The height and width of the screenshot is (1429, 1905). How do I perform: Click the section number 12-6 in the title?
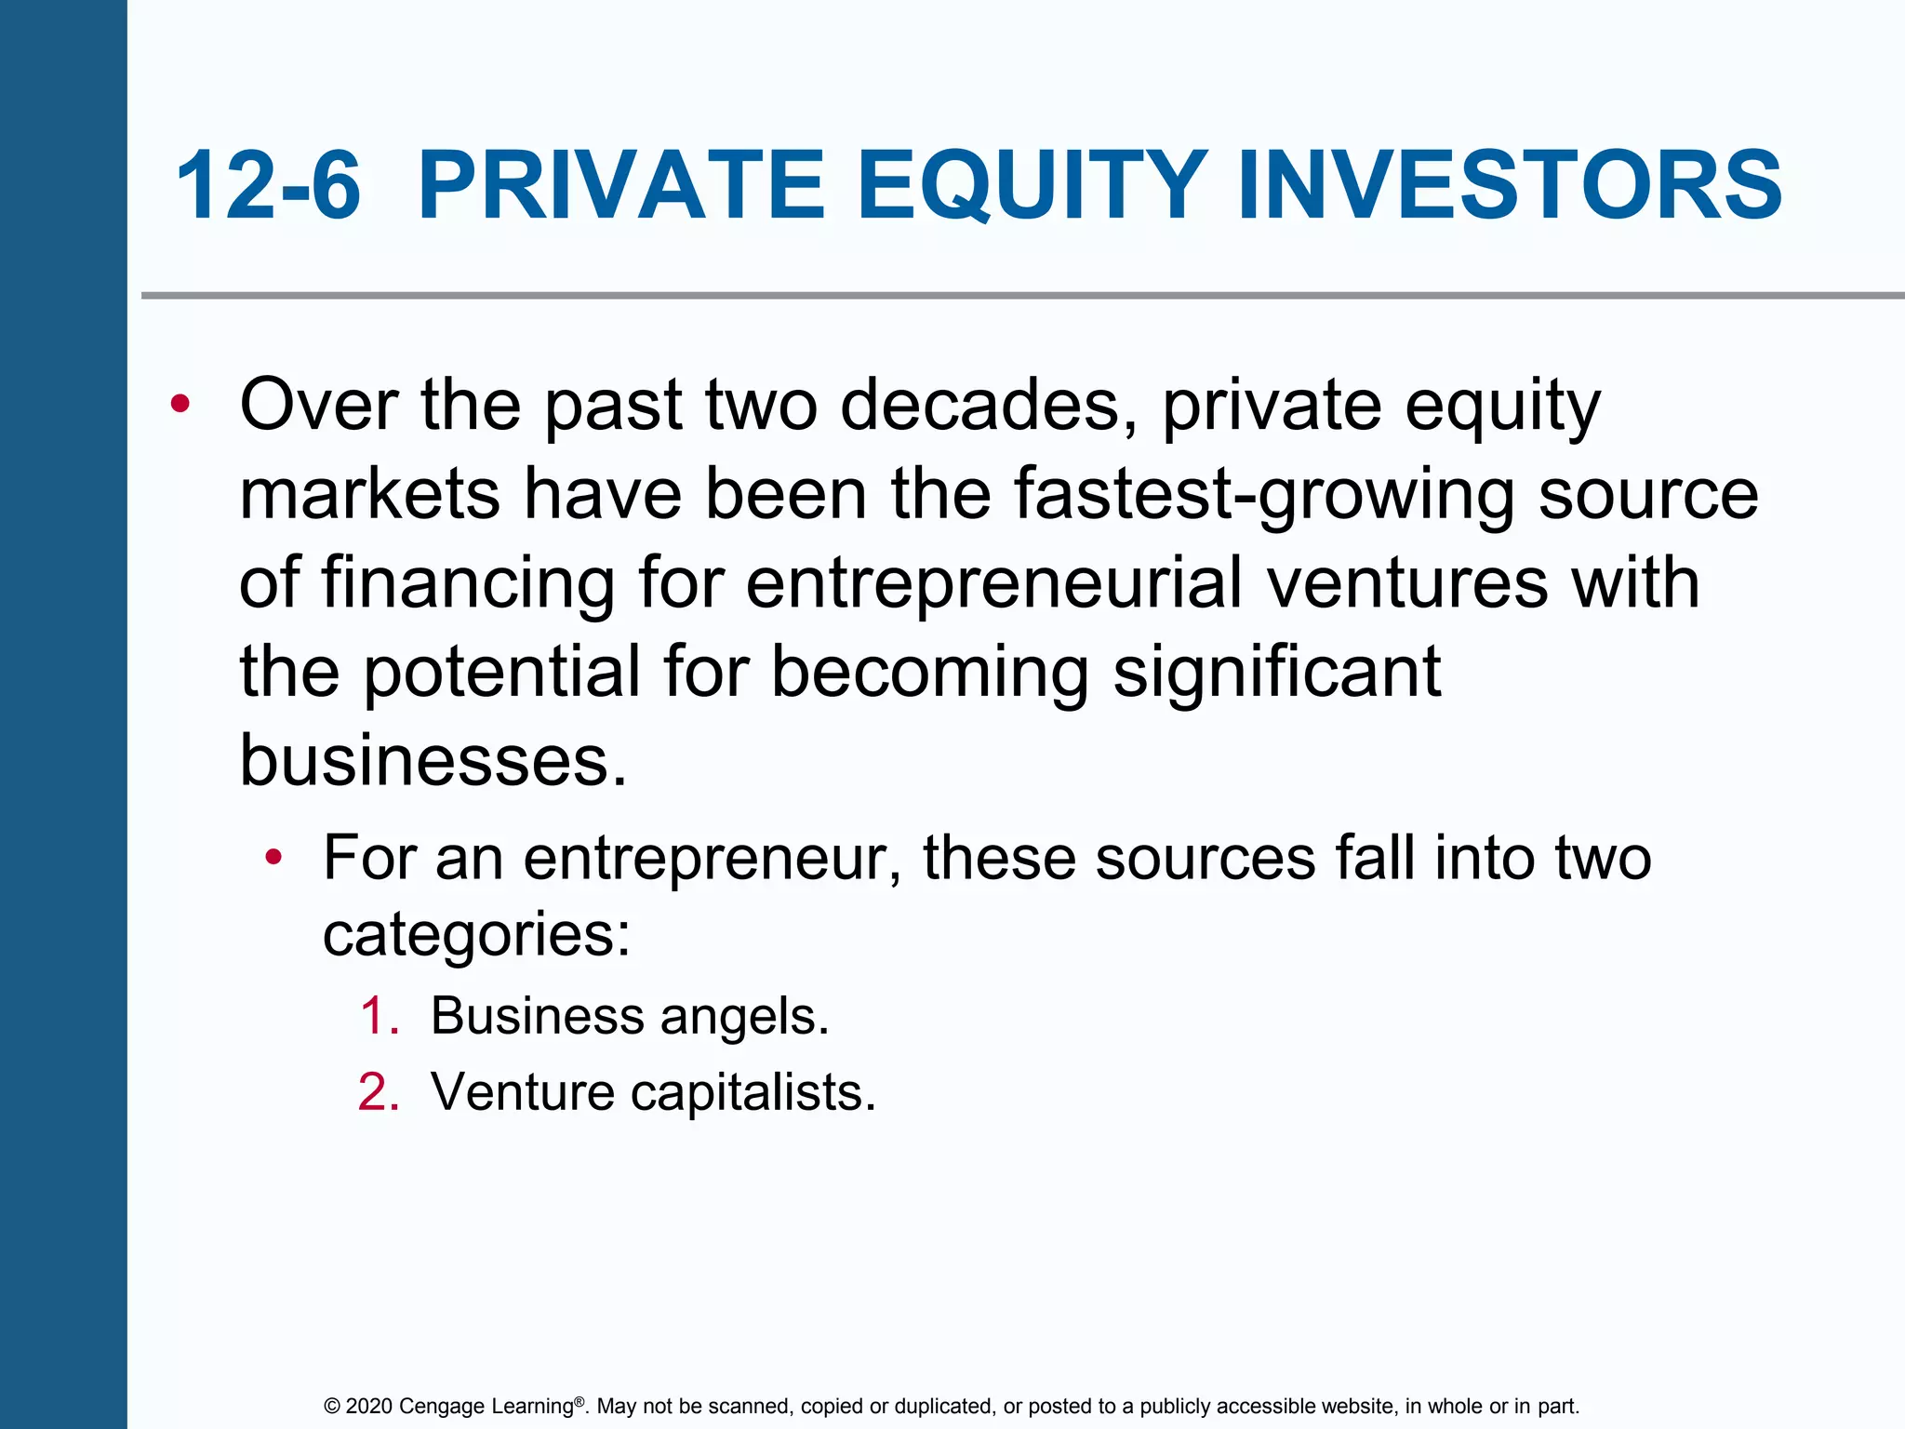[x=268, y=186]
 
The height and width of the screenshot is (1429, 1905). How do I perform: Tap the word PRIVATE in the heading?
[x=621, y=186]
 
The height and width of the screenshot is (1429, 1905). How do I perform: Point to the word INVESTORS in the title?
[x=1509, y=186]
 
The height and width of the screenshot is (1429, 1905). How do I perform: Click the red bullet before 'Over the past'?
[x=180, y=404]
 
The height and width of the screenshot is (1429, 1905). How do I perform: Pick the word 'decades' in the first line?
[x=989, y=406]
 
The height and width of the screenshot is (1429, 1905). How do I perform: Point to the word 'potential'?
[x=501, y=672]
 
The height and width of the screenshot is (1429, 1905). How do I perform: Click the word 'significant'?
[x=1276, y=672]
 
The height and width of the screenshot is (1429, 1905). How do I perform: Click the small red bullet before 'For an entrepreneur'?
[x=273, y=857]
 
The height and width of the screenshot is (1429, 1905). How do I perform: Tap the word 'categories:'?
[x=476, y=935]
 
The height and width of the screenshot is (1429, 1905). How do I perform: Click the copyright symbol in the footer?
[x=332, y=1407]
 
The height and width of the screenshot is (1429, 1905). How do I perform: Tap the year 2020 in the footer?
[x=369, y=1407]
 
